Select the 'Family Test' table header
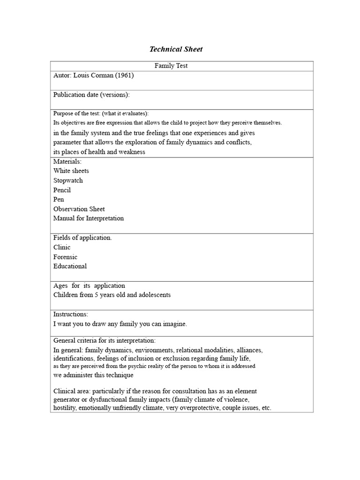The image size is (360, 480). tap(171, 66)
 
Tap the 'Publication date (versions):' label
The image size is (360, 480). tap(91, 95)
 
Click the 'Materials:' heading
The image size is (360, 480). tap(67, 161)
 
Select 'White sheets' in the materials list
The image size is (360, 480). tap(71, 171)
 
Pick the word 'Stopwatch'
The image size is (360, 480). tap(68, 180)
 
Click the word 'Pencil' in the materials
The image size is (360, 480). tap(62, 190)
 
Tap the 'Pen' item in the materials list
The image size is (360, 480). tap(59, 200)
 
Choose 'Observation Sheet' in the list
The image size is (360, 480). tap(79, 209)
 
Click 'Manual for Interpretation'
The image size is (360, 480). tap(89, 218)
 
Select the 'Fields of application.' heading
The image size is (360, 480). tap(82, 238)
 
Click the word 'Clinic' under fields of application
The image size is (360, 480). tap(62, 247)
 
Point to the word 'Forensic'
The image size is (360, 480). tap(66, 257)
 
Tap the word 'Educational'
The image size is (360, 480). tap(70, 266)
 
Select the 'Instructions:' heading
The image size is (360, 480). tap(71, 314)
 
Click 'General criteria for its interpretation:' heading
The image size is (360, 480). tap(105, 340)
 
